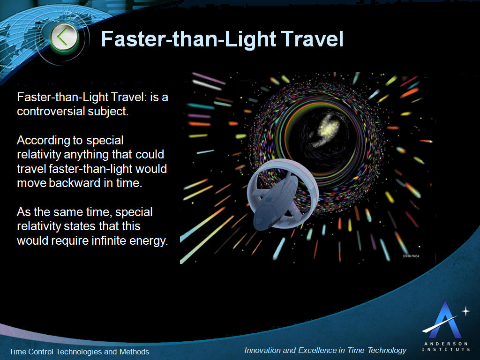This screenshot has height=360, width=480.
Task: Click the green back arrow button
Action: pos(64,37)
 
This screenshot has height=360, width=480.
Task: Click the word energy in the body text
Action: pos(149,241)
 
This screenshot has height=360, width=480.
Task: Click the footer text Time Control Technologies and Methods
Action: pos(79,352)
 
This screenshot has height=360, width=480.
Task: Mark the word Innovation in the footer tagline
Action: pos(263,350)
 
